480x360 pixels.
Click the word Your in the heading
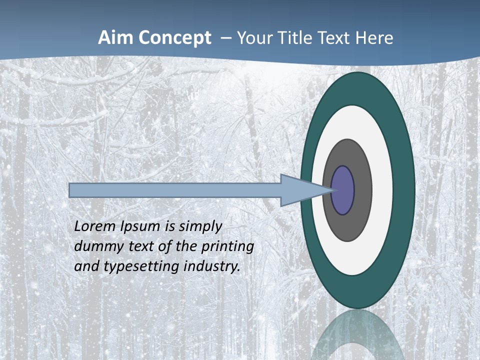(x=253, y=38)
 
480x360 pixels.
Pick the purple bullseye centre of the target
(x=343, y=190)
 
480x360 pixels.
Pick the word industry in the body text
(x=212, y=267)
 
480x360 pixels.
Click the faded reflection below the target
(x=358, y=337)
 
